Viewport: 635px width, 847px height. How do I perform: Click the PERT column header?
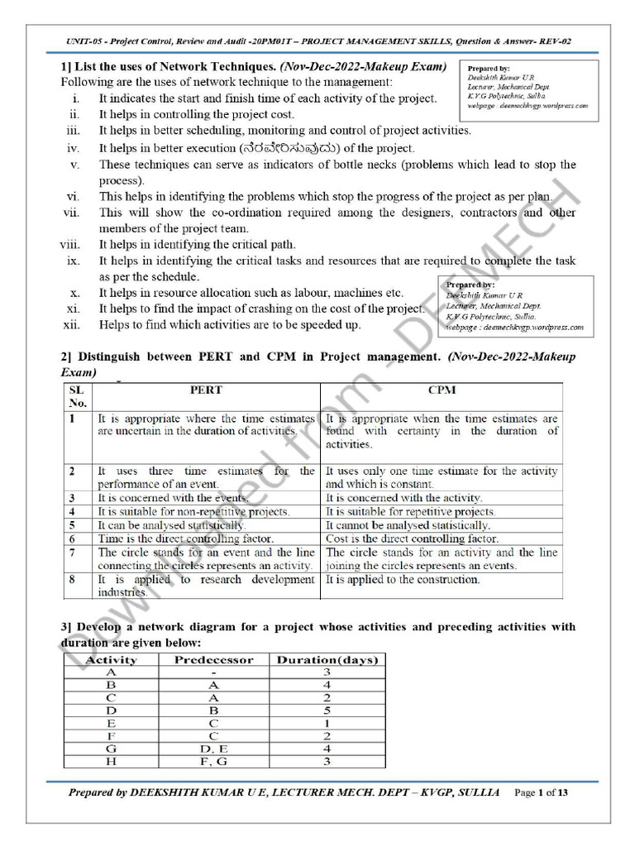205,390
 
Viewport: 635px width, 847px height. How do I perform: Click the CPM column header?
442,390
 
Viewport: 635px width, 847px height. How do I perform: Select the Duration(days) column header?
327,660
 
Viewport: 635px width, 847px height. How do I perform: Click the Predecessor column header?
213,660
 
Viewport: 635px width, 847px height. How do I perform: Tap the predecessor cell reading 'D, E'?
213,749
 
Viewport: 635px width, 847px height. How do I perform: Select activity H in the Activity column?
111,762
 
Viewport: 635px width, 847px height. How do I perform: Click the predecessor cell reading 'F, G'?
213,762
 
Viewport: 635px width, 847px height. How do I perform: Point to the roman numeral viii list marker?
69,245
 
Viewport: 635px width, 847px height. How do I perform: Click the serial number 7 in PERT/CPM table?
73,553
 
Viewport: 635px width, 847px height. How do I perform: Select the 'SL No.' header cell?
77,396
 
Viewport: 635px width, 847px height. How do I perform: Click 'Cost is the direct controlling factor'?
411,538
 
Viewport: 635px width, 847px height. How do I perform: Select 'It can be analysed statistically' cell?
171,525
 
